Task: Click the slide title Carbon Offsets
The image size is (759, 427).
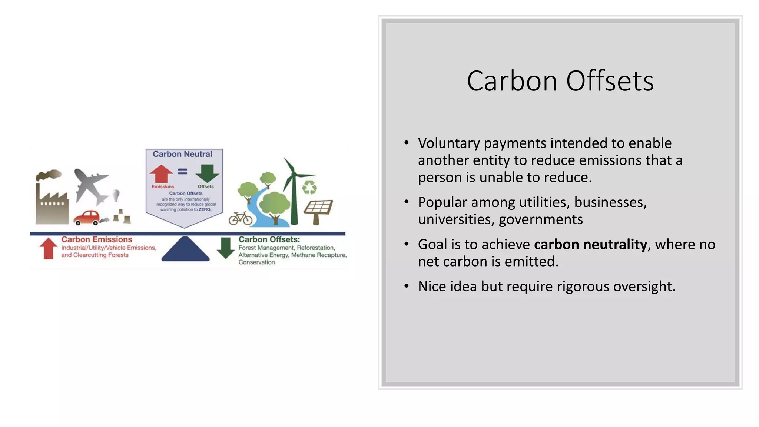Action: point(560,81)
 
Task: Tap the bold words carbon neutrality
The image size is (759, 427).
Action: point(590,245)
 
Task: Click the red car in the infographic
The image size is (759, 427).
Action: point(87,218)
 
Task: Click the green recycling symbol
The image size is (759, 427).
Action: point(309,187)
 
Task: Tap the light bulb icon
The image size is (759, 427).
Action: point(116,195)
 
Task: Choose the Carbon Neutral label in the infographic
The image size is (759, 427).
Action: point(182,154)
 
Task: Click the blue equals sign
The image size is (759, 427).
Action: point(182,171)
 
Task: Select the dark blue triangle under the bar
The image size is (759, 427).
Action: point(185,249)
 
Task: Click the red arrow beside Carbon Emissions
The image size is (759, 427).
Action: point(48,248)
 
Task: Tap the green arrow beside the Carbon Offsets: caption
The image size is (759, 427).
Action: point(225,248)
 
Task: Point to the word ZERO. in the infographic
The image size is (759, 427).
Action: point(205,210)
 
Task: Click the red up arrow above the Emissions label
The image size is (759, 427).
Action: point(161,174)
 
